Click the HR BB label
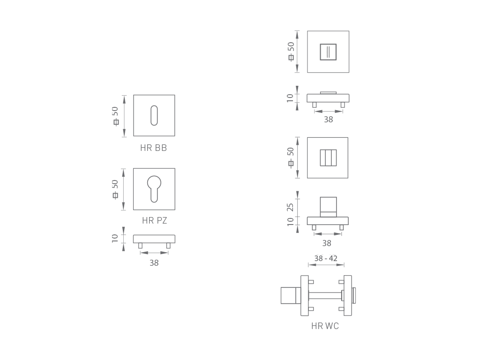click(153, 148)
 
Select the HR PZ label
click(155, 220)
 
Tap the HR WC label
click(325, 326)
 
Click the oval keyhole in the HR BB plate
click(154, 115)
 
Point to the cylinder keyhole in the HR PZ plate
click(154, 189)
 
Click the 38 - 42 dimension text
click(326, 258)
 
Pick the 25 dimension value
click(290, 207)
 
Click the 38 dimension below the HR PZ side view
click(154, 263)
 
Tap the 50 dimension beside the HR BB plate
click(115, 111)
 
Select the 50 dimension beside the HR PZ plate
click(115, 184)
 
